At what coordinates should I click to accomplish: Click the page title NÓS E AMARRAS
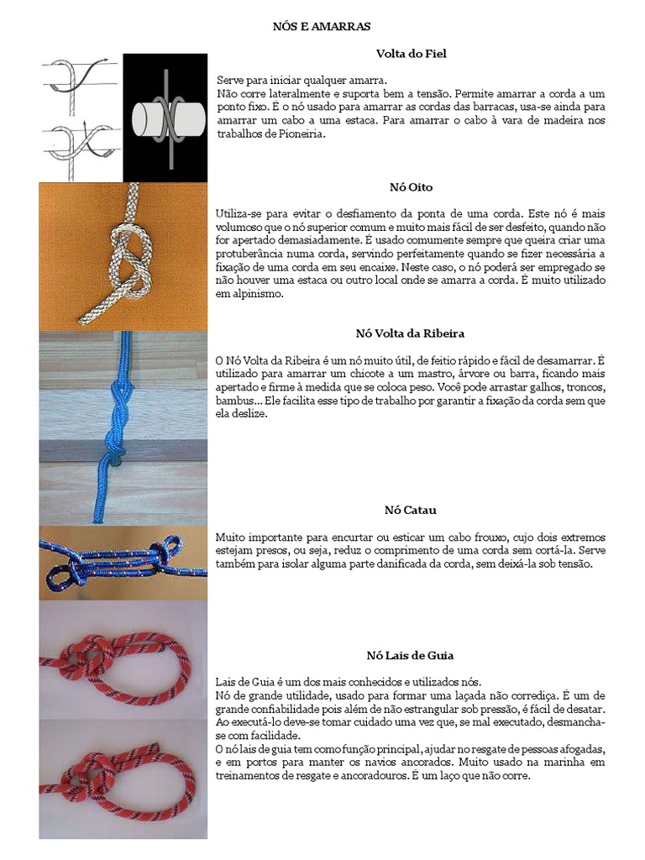coord(322,27)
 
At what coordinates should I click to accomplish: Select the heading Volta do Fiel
coord(411,54)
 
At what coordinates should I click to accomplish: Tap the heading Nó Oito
coord(411,186)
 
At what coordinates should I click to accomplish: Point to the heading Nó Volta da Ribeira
coord(411,333)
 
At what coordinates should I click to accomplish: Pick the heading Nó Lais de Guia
coord(411,655)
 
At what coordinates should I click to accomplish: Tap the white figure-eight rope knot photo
coord(123,256)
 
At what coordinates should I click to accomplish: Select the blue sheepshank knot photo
coord(123,562)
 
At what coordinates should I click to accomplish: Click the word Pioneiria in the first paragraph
coord(300,134)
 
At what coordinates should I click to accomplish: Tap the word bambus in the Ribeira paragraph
coord(233,401)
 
